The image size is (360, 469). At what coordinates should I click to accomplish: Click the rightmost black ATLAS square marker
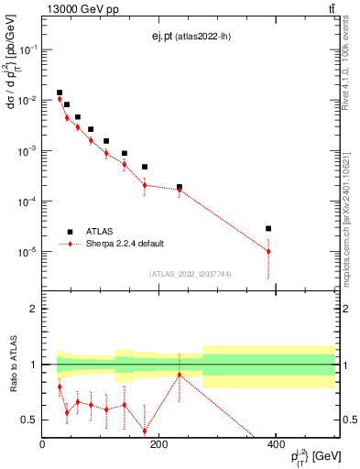[x=268, y=228]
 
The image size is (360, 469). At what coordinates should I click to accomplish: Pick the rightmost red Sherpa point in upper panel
[x=268, y=251]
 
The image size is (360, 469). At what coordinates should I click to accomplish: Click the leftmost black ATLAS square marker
[x=60, y=93]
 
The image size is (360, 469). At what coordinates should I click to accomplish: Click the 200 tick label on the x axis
[x=158, y=444]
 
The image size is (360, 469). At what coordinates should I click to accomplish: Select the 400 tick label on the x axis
[x=276, y=444]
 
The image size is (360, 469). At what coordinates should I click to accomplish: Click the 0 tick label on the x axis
[x=42, y=444]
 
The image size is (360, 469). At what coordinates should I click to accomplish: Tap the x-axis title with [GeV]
[x=309, y=456]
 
